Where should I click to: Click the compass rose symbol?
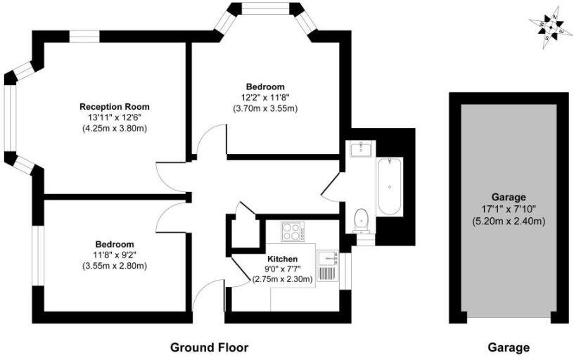coord(551,28)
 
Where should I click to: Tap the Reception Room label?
coord(115,107)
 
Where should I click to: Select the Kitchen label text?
coord(282,259)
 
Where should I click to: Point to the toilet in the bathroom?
coord(362,220)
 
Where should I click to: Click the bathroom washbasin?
coord(362,148)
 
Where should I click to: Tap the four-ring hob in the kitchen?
coord(293,231)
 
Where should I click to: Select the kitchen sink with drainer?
coord(328,266)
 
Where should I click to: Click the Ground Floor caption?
coord(210,347)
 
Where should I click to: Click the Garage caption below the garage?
coord(509,347)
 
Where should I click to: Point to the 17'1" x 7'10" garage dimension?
coord(509,210)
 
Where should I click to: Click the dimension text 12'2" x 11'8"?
coord(265,98)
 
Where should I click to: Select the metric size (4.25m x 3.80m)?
coord(115,129)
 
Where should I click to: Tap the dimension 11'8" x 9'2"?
coord(115,255)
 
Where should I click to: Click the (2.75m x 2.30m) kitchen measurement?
coord(282,279)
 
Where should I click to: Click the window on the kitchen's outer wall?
coord(345,271)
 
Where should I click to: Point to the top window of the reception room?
coord(84,37)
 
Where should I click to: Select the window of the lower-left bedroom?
coord(38,256)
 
